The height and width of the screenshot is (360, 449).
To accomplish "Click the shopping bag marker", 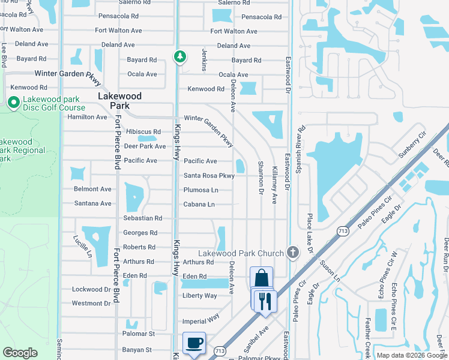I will click(261, 278).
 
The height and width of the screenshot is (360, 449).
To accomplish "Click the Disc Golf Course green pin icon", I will click(13, 104).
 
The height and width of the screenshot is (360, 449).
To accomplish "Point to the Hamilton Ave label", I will click(88, 117).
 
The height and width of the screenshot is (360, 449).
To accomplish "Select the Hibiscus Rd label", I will click(143, 132).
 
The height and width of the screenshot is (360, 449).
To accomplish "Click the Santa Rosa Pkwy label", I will click(209, 176).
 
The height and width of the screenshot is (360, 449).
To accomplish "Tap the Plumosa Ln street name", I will click(200, 190).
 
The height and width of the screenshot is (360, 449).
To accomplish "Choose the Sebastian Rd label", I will click(143, 218).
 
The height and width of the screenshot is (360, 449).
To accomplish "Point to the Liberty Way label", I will click(200, 296).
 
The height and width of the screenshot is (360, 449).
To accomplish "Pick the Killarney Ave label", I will click(275, 182).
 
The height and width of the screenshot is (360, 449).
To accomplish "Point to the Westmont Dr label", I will click(91, 304).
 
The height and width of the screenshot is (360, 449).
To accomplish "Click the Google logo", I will click(20, 353).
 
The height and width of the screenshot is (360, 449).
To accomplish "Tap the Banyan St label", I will click(138, 350).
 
